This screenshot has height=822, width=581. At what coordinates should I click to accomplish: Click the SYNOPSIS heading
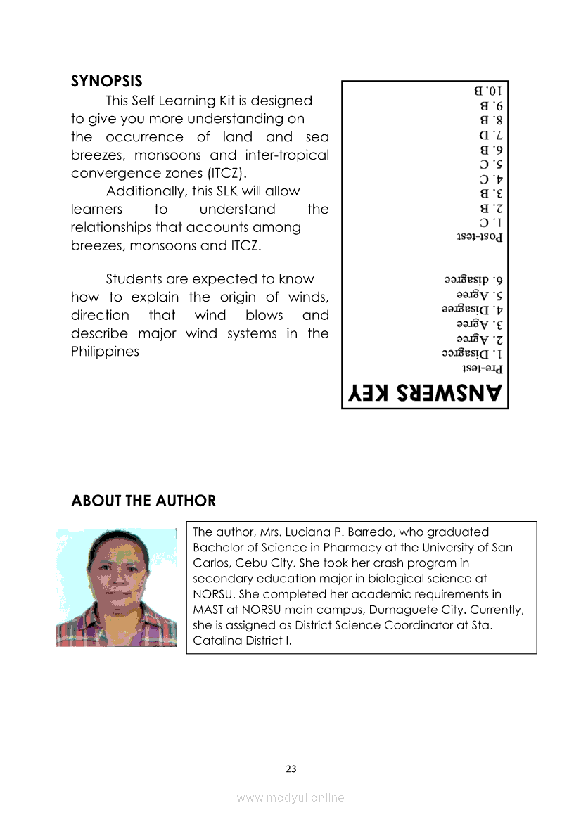[x=106, y=80]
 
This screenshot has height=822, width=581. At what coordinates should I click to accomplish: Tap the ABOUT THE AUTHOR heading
[x=143, y=501]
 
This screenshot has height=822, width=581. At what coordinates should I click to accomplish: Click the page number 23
[x=291, y=769]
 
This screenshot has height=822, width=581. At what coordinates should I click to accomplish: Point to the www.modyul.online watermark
[x=290, y=797]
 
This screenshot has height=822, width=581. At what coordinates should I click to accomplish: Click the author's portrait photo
[x=116, y=588]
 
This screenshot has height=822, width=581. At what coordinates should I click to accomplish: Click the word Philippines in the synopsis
[x=105, y=352]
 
